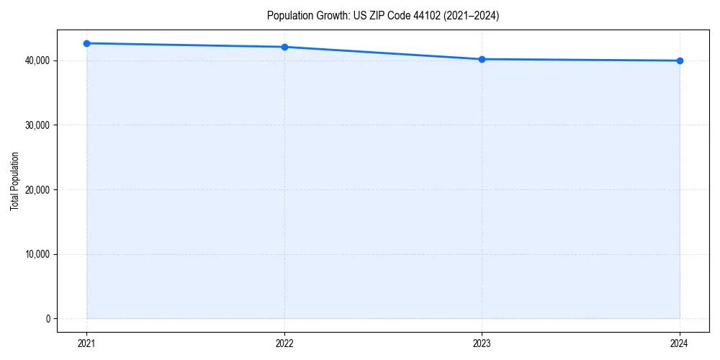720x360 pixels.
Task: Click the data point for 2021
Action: [x=86, y=43]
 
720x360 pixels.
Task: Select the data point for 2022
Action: [x=284, y=47]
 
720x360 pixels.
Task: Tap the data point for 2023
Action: [x=482, y=59]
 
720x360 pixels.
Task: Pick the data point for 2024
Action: [x=680, y=60]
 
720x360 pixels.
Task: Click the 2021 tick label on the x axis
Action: [x=86, y=343]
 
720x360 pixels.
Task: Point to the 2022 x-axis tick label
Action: [x=284, y=343]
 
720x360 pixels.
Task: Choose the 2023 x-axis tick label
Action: [x=482, y=343]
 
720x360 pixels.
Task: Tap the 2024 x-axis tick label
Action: [x=680, y=343]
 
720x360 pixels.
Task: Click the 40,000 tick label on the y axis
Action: [x=36, y=60]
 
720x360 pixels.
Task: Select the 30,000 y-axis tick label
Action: [x=36, y=125]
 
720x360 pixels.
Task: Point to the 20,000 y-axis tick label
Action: [x=36, y=190]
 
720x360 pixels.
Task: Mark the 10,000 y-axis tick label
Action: [x=36, y=254]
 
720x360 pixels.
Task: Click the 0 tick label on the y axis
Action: [x=47, y=319]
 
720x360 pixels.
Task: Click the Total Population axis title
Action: [x=14, y=181]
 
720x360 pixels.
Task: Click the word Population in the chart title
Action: [x=288, y=16]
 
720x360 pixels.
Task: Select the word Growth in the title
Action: [x=330, y=16]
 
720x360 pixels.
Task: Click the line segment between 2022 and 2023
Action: [x=383, y=53]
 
